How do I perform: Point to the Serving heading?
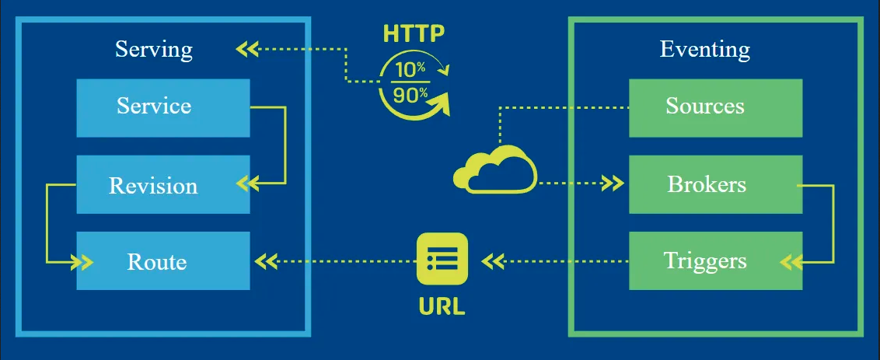(154, 50)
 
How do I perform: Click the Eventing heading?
(705, 50)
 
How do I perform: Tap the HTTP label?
(414, 33)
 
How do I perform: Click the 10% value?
(410, 68)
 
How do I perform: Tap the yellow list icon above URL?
(442, 259)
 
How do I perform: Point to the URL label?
(442, 305)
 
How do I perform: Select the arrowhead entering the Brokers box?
(614, 185)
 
